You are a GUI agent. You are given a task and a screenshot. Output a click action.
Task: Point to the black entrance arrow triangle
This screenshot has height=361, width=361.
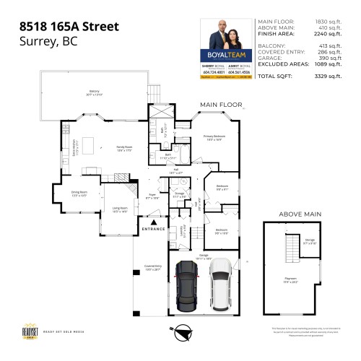click(155, 221)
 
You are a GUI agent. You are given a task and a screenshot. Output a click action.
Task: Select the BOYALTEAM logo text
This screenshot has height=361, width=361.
click(229, 53)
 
